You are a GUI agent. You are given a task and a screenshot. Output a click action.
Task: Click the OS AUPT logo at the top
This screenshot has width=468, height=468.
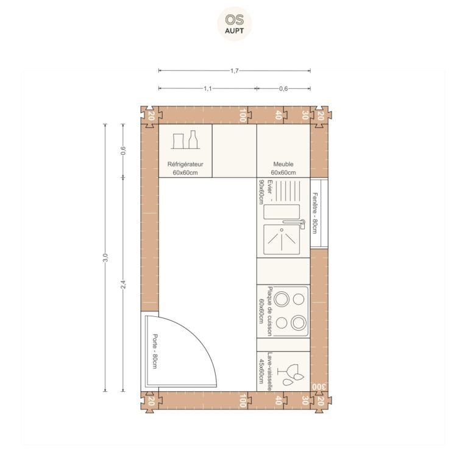tap(234, 24)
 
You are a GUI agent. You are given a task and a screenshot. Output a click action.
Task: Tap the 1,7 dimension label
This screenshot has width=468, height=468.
tap(234, 71)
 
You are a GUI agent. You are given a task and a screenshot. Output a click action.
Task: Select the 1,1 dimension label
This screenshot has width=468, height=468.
tap(207, 88)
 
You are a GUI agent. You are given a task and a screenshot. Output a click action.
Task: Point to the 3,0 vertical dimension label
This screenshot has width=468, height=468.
tap(105, 257)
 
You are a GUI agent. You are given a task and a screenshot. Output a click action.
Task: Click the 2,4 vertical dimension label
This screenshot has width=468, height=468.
tap(123, 284)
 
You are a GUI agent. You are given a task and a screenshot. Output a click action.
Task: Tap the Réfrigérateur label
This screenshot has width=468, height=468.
tap(185, 164)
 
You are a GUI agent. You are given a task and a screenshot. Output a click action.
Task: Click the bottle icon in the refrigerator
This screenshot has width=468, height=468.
tap(193, 140)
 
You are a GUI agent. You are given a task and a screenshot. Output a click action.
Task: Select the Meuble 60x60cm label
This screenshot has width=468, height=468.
tap(283, 168)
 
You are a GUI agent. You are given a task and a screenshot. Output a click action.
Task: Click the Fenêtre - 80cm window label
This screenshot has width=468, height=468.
tap(314, 213)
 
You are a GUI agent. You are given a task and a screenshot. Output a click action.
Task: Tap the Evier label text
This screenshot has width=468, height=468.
tap(270, 186)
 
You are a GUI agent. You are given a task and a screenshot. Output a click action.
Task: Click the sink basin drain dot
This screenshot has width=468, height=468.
tap(282, 230)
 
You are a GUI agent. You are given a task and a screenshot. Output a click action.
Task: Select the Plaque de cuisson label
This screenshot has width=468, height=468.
tap(270, 311)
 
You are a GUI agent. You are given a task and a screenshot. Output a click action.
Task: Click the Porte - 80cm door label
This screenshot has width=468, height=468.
tap(155, 351)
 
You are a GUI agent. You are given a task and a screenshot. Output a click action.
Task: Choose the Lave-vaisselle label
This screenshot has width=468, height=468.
tap(269, 372)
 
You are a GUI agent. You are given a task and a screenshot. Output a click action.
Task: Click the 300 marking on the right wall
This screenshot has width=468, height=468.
tap(319, 387)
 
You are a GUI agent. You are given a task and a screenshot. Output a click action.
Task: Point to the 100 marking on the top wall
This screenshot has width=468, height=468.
tap(243, 116)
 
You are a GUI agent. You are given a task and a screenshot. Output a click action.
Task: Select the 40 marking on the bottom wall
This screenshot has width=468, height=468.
tap(278, 400)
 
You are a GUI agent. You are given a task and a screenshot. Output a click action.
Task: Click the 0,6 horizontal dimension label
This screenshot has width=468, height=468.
tap(283, 88)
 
